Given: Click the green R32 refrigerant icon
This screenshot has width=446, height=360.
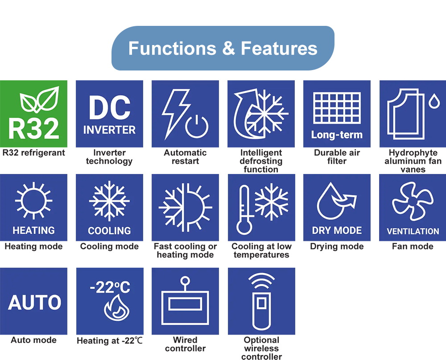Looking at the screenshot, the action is pyautogui.click(x=33, y=114).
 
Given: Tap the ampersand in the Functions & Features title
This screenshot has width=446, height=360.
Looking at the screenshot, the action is pyautogui.click(x=228, y=48).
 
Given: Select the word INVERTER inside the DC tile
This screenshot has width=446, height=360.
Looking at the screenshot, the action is pyautogui.click(x=110, y=130).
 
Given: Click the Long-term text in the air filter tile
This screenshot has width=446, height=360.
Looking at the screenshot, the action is pyautogui.click(x=337, y=135).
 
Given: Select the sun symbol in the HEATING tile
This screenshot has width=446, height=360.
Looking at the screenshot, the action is pyautogui.click(x=33, y=201).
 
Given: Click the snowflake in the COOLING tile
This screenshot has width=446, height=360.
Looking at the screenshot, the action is pyautogui.click(x=110, y=201).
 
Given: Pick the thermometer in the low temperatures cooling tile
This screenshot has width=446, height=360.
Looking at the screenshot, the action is pyautogui.click(x=244, y=210).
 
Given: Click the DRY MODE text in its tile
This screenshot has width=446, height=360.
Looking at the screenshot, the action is pyautogui.click(x=337, y=230).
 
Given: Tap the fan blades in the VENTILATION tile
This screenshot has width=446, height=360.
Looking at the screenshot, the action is pyautogui.click(x=413, y=201).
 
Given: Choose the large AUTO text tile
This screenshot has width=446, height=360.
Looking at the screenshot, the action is pyautogui.click(x=33, y=301).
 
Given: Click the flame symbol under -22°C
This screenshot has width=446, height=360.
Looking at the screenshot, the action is pyautogui.click(x=116, y=308).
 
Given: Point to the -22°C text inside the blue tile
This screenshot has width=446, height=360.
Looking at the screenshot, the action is pyautogui.click(x=110, y=287).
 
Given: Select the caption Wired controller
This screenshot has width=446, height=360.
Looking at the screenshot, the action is pyautogui.click(x=185, y=344).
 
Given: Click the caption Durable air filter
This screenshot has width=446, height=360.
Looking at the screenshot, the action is pyautogui.click(x=337, y=157).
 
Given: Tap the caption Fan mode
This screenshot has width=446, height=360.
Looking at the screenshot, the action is pyautogui.click(x=413, y=246).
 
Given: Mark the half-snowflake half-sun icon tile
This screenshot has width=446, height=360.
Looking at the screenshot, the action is pyautogui.click(x=185, y=207).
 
